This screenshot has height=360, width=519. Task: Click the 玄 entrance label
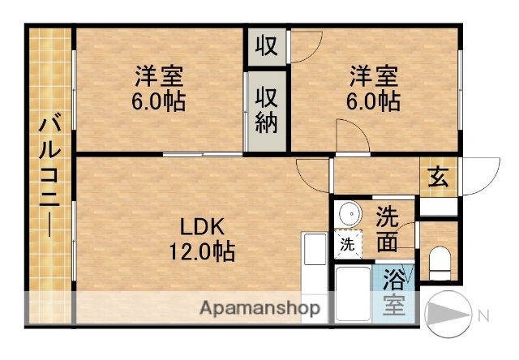[439, 175]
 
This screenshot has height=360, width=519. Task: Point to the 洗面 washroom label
[388, 229]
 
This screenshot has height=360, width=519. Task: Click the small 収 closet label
[267, 45]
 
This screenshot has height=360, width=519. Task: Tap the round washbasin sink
[350, 215]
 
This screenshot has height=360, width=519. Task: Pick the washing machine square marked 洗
[346, 244]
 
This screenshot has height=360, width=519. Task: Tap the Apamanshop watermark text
[259, 308]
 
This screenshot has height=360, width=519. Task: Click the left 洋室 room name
[159, 77]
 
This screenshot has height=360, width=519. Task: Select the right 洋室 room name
[374, 77]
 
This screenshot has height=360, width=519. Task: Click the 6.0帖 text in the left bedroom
[159, 102]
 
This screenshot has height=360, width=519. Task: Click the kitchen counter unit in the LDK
[313, 276]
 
